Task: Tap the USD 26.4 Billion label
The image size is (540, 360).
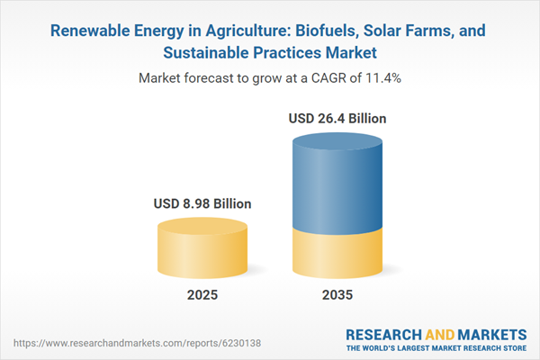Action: (x=338, y=118)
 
